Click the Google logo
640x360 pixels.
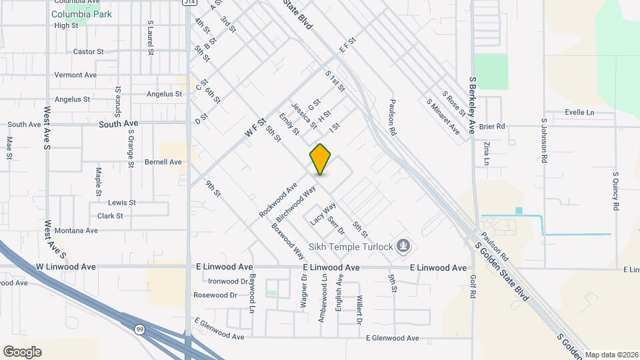(x=22, y=352)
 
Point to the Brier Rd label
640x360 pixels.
(x=492, y=125)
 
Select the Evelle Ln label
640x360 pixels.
(x=579, y=113)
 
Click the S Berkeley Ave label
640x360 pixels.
(x=473, y=105)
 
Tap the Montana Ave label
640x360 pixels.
(x=77, y=231)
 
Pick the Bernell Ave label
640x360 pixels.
(x=163, y=162)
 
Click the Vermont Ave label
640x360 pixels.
(x=75, y=75)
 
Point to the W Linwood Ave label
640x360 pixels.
(x=66, y=267)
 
